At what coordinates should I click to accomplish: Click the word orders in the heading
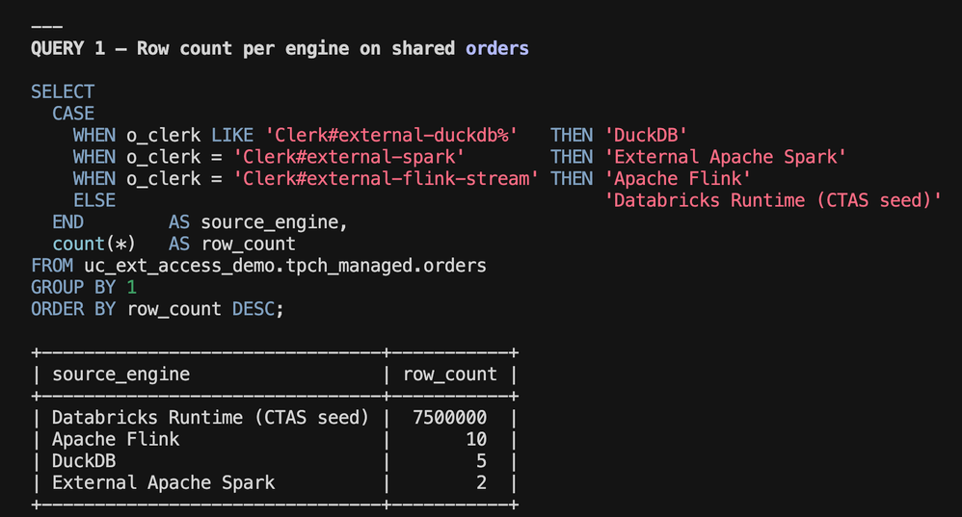pyautogui.click(x=497, y=48)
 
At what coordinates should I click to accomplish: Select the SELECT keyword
pyautogui.click(x=63, y=91)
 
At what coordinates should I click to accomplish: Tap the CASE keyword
pyautogui.click(x=73, y=114)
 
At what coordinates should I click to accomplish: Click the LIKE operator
pyautogui.click(x=232, y=136)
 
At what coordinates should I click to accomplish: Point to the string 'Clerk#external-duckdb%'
pyautogui.click(x=391, y=136)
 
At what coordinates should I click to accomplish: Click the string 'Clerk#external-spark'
pyautogui.click(x=349, y=157)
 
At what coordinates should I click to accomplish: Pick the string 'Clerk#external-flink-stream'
pyautogui.click(x=386, y=179)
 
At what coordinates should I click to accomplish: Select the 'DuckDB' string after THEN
pyautogui.click(x=646, y=136)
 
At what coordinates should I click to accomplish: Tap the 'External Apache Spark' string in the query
pyautogui.click(x=725, y=157)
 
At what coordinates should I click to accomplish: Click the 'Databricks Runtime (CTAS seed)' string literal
pyautogui.click(x=773, y=200)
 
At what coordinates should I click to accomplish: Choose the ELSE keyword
pyautogui.click(x=94, y=200)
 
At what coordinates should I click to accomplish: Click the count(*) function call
pyautogui.click(x=94, y=244)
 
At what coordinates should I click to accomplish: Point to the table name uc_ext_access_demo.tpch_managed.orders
pyautogui.click(x=285, y=266)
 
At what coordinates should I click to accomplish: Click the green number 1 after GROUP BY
pyautogui.click(x=131, y=287)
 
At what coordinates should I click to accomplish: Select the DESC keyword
pyautogui.click(x=254, y=309)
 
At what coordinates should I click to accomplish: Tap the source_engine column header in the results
pyautogui.click(x=120, y=375)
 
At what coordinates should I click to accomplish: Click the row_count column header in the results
pyautogui.click(x=450, y=375)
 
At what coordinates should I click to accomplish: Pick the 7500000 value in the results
pyautogui.click(x=450, y=418)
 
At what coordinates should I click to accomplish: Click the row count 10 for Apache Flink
pyautogui.click(x=476, y=439)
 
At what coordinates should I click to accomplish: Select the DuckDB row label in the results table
pyautogui.click(x=84, y=460)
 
